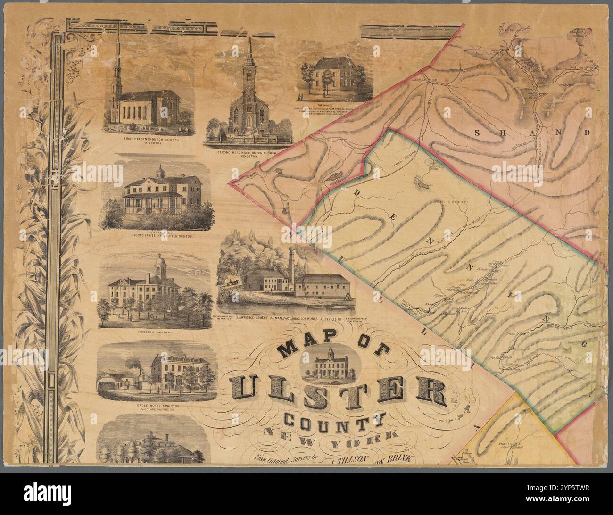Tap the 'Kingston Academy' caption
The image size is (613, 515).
153,332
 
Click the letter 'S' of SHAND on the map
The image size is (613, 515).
478,133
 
